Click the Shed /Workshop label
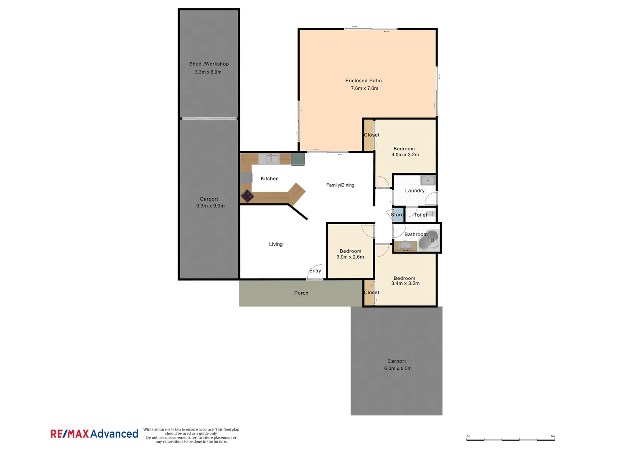209,64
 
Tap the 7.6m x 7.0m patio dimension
364,89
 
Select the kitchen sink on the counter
269,159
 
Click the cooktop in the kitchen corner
247,196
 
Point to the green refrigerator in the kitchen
298,159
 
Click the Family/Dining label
340,185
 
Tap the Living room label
275,244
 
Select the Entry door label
315,271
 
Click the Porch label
301,293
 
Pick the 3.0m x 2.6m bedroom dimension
350,257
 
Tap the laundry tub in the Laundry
428,180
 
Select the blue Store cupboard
398,215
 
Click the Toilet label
420,215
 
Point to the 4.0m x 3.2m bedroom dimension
405,155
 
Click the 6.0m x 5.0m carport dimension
398,369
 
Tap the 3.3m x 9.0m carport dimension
210,206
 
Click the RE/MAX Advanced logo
94,434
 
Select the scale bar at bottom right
510,439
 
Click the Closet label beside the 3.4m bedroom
371,293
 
